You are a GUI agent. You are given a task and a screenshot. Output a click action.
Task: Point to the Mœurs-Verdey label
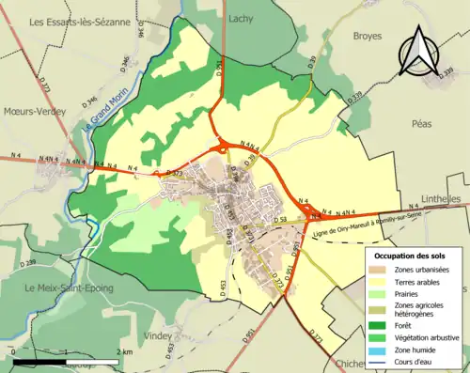(31, 111)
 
